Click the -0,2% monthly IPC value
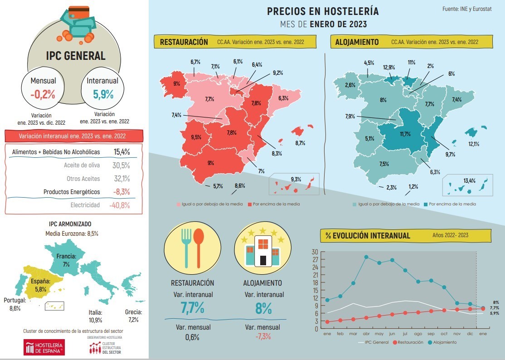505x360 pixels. point(43,94)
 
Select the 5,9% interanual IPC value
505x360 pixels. point(103,94)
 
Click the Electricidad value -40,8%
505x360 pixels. point(119,205)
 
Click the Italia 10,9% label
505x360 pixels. point(95,316)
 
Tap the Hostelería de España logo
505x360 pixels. point(44,347)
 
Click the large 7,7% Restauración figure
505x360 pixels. point(192,308)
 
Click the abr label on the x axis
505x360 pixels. point(366,333)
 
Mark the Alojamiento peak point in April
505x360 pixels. point(366,257)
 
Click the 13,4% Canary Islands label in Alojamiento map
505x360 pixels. point(469,180)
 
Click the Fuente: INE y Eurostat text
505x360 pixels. point(469,9)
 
